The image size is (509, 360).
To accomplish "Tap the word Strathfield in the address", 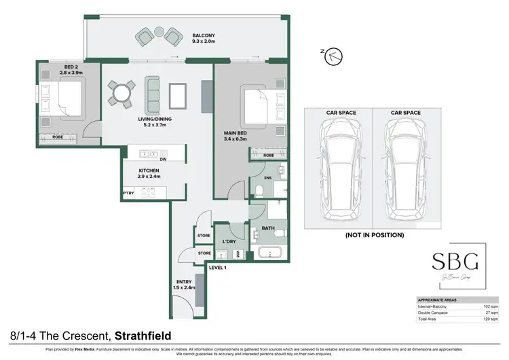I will point(143,336).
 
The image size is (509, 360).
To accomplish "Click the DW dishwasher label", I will point(164,160).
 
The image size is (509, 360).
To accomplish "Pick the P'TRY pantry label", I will point(128,194).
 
